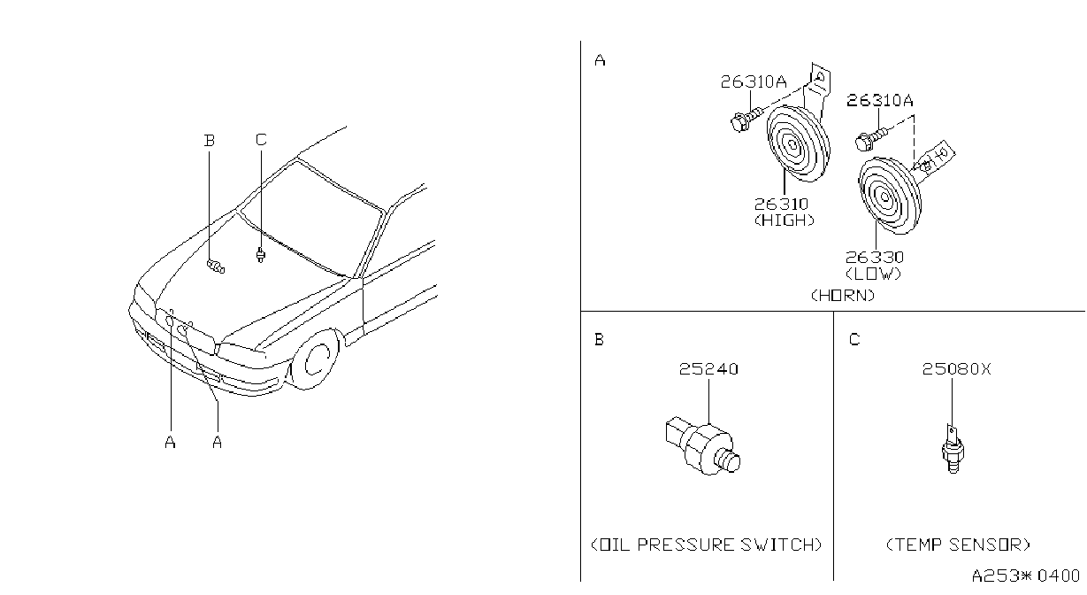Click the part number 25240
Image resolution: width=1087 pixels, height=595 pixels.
[x=708, y=369]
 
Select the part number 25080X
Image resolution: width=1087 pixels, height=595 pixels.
[x=956, y=369]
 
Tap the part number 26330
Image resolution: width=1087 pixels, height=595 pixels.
[x=875, y=257]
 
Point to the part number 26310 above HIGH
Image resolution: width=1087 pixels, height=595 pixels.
[x=781, y=204]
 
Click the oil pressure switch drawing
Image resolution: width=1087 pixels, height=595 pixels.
[x=702, y=444]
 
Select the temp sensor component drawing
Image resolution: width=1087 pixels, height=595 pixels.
[x=953, y=449]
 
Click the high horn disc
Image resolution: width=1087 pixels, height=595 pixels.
[x=799, y=143]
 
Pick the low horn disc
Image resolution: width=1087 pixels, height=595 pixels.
[x=890, y=196]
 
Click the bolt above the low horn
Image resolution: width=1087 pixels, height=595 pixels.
[x=870, y=137]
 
